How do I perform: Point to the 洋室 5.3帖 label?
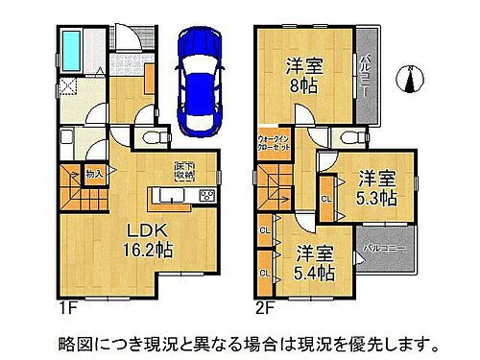point(381,188)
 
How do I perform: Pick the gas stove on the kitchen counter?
point(206,197)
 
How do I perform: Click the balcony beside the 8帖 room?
point(367,67)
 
